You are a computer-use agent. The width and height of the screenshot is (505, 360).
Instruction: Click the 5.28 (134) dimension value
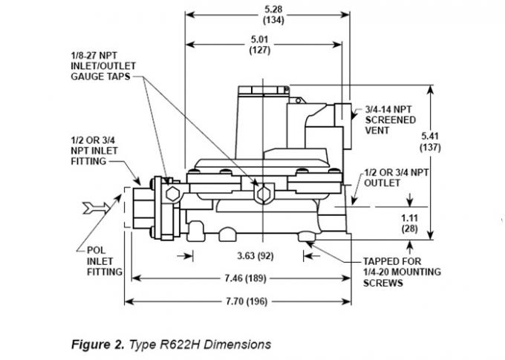click(x=268, y=15)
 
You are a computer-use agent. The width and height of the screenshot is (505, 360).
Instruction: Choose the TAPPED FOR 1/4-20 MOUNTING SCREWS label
click(x=401, y=272)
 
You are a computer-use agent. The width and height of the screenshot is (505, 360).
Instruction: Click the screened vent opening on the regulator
click(x=342, y=113)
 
